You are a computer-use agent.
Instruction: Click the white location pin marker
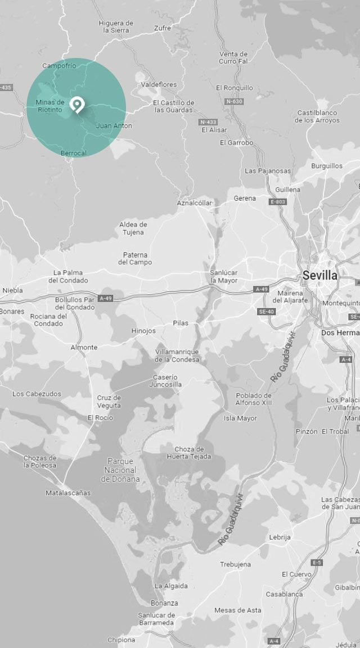(x=76, y=105)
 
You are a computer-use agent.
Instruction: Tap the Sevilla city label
(x=319, y=276)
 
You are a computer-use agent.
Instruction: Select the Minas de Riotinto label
(x=50, y=106)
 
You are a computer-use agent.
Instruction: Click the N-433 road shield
(x=208, y=121)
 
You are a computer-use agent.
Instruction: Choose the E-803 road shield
(x=278, y=201)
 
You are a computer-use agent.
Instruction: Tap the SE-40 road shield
(x=266, y=311)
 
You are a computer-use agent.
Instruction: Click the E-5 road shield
(x=317, y=562)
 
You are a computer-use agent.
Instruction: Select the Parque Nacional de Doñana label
(x=120, y=470)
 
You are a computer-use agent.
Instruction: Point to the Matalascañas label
(x=68, y=493)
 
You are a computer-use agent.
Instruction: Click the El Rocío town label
(x=100, y=417)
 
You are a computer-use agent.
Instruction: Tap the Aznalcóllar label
(x=195, y=202)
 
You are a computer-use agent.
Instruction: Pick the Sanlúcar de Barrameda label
(x=156, y=619)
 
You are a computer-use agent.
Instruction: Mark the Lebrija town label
(x=280, y=537)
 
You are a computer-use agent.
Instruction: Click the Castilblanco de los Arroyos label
(x=318, y=116)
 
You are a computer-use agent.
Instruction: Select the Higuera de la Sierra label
(x=116, y=27)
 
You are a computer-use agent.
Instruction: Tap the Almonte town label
(x=84, y=347)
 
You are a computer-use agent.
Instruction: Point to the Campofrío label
(x=59, y=66)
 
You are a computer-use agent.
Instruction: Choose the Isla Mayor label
(x=240, y=418)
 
